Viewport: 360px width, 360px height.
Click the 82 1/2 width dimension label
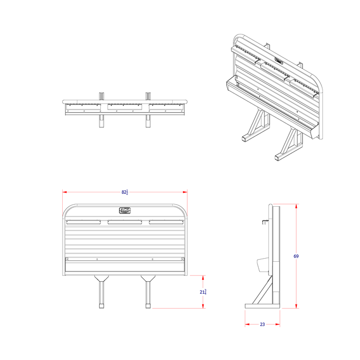125,192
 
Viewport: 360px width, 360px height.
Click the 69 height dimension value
296,256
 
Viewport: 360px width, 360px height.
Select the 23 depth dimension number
262,325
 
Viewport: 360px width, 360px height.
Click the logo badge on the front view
125,210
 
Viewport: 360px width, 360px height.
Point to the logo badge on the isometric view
279,61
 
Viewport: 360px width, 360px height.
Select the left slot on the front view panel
84,223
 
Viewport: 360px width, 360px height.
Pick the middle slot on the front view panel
125,223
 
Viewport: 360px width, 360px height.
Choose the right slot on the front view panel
166,223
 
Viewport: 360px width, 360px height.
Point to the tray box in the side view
261,264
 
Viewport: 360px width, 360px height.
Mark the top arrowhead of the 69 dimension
296,206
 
